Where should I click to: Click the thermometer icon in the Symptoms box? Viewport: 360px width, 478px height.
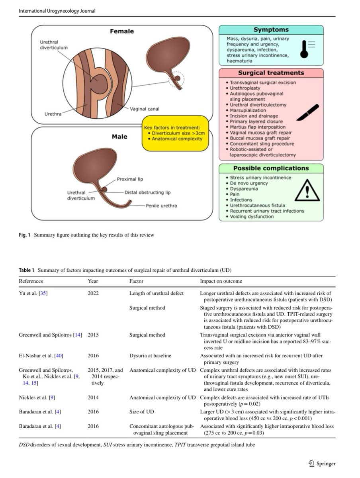point(305,49)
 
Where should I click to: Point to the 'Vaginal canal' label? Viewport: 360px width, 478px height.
point(145,108)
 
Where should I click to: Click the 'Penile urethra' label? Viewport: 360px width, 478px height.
point(161,206)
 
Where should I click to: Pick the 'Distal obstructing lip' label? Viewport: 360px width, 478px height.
point(147,192)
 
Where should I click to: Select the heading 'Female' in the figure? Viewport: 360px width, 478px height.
point(122,31)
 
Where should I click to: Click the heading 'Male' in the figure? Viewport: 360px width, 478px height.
point(119,137)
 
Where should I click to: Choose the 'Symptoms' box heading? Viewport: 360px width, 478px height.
point(271,30)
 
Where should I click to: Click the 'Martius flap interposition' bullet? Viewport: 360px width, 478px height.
point(256,127)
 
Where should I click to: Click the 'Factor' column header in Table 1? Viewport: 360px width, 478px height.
point(137,281)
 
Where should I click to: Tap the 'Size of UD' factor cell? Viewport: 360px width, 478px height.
point(141,412)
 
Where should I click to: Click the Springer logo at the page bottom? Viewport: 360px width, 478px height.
point(322,463)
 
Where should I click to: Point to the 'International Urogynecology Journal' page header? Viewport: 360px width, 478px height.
point(57,11)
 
